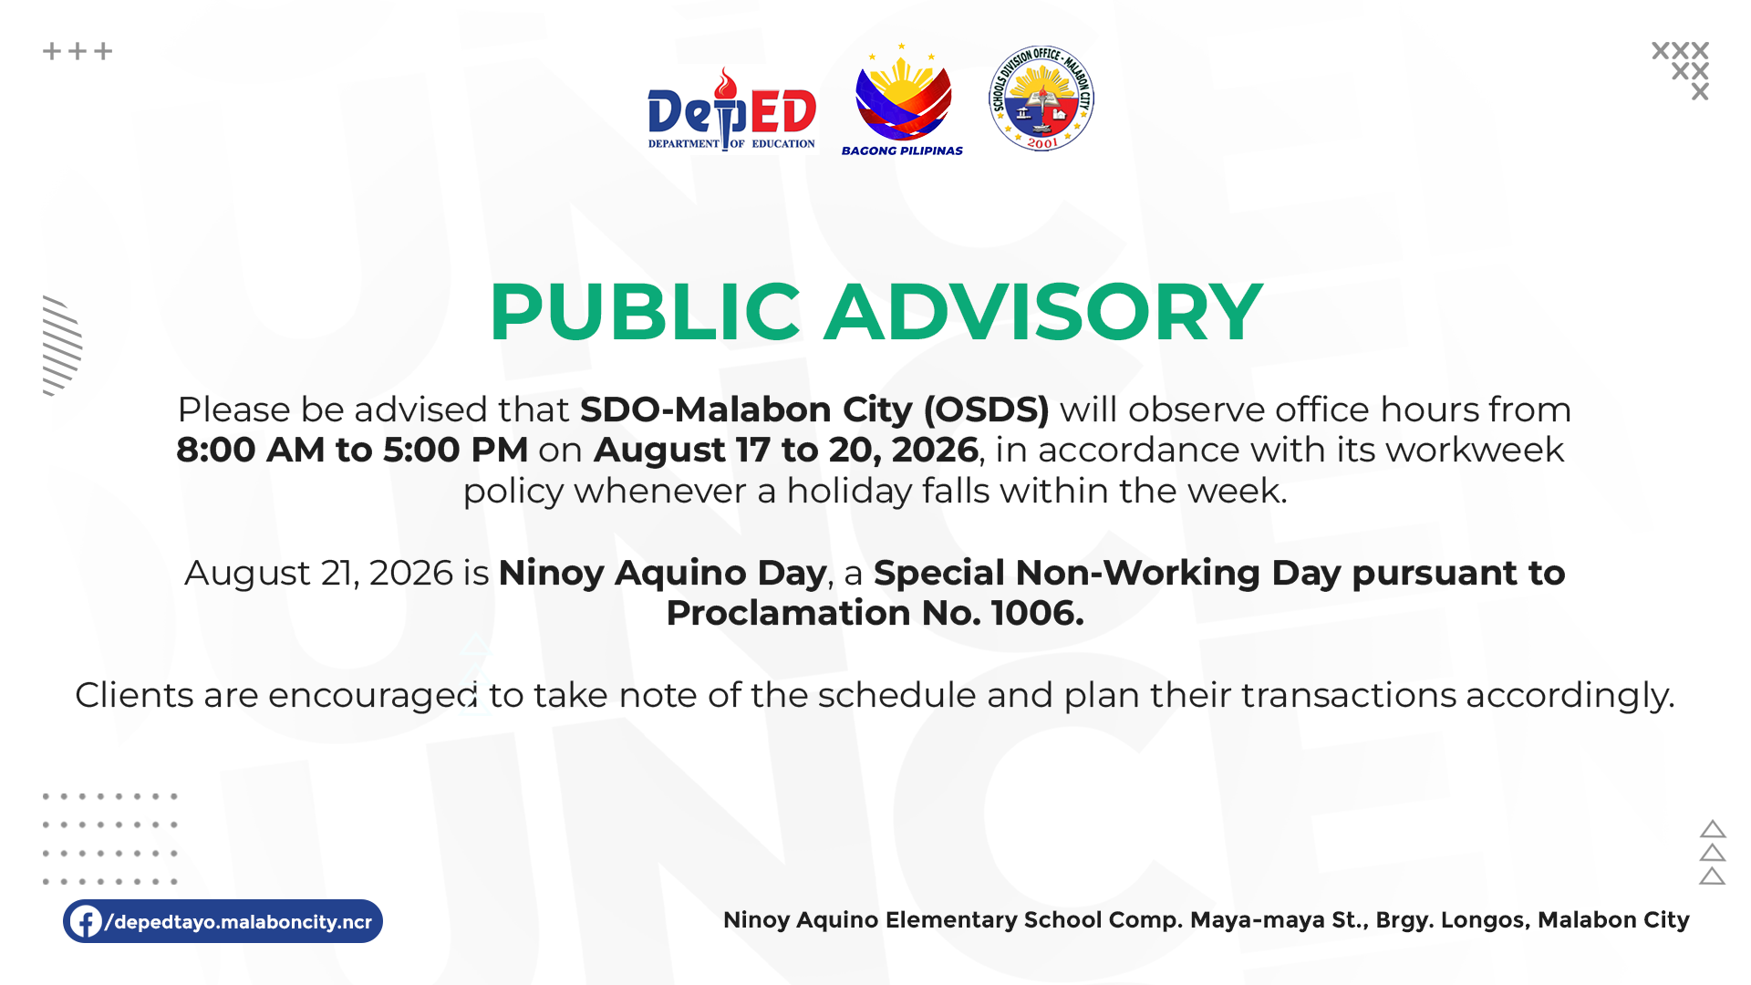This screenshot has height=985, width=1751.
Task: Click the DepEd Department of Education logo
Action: (731, 109)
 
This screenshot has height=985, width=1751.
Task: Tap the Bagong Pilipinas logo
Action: (902, 99)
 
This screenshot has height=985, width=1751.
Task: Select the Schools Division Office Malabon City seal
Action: (1041, 98)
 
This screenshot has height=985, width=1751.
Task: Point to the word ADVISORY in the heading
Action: (1043, 312)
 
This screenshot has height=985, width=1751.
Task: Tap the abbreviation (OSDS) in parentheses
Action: (986, 410)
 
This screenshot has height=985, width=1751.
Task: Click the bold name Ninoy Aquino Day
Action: (662, 573)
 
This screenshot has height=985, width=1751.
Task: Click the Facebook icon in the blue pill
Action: (86, 921)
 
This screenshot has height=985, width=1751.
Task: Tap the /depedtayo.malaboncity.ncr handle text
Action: (239, 922)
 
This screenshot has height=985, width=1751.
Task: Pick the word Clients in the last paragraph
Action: (134, 695)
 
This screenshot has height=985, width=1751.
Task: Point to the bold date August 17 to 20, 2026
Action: (786, 450)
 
